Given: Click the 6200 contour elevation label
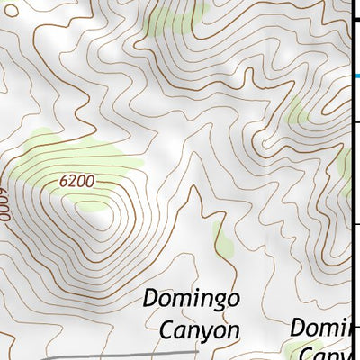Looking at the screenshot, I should click(77, 182).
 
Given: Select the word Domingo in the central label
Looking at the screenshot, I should click(192, 300).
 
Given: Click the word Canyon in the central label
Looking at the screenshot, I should click(200, 329).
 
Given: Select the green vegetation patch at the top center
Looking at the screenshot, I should click(175, 20).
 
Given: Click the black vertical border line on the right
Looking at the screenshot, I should click(352, 180).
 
